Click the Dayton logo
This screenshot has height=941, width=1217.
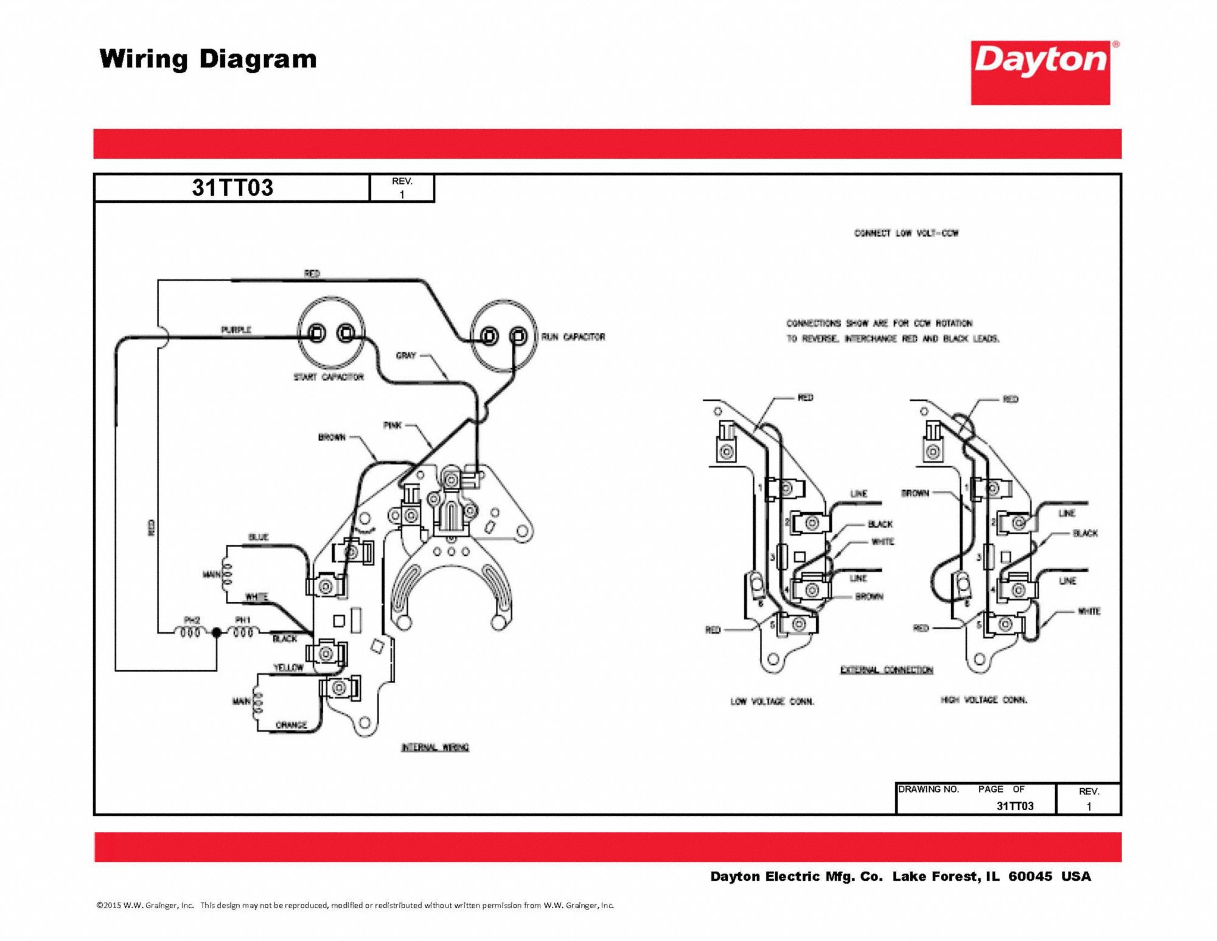click(x=1041, y=72)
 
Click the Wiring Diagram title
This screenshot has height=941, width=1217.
click(x=208, y=60)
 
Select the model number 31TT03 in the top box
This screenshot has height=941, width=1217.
click(x=232, y=187)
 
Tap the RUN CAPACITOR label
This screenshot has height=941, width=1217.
click(x=573, y=337)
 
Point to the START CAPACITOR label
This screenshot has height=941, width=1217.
click(x=329, y=377)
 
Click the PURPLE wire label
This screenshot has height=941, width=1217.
click(x=236, y=330)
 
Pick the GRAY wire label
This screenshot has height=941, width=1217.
click(x=406, y=355)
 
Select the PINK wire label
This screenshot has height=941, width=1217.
click(x=392, y=425)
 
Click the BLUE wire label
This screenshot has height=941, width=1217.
click(x=258, y=537)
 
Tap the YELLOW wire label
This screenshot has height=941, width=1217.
click(x=288, y=668)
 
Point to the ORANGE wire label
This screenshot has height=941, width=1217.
click(x=291, y=725)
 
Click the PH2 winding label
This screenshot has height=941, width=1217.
click(x=192, y=620)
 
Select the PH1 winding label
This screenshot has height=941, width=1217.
click(x=243, y=620)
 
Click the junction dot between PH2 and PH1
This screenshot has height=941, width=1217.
click(x=217, y=633)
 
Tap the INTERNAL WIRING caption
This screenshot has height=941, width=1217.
click(x=435, y=747)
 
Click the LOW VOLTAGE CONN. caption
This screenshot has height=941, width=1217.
click(x=772, y=702)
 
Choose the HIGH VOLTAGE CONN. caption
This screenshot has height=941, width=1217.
click(x=983, y=700)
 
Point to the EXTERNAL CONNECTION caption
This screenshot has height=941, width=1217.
click(x=887, y=670)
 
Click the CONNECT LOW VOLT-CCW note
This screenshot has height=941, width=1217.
click(x=906, y=233)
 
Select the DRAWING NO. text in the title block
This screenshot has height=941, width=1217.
click(x=929, y=789)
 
